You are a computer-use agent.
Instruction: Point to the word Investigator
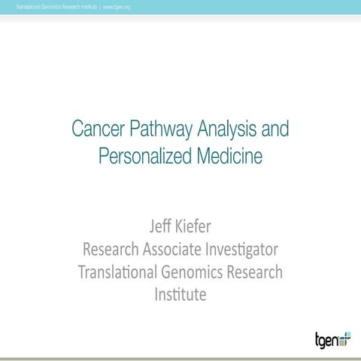click(244, 249)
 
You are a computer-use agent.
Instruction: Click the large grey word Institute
click(180, 294)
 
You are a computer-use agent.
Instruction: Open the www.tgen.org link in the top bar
click(116, 7)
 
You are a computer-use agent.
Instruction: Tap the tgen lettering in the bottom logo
click(326, 339)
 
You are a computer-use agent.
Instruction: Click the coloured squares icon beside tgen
click(346, 338)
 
